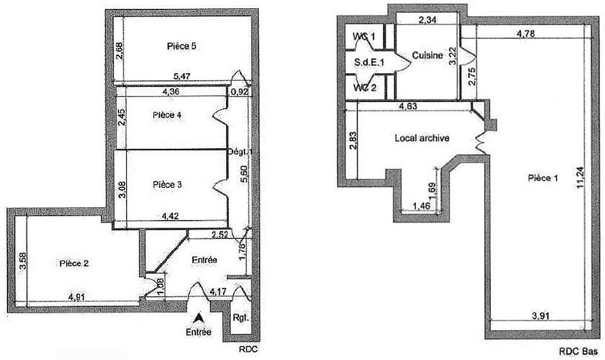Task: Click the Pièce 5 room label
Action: click(x=181, y=46)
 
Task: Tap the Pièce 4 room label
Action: click(x=167, y=115)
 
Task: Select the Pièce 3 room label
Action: click(x=167, y=185)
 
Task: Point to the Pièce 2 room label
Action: click(x=74, y=263)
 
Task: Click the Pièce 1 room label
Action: click(x=543, y=178)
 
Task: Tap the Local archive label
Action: click(x=422, y=137)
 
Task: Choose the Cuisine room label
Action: click(x=427, y=55)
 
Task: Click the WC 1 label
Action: click(x=364, y=37)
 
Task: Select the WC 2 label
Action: click(x=365, y=88)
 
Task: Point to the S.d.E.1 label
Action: click(x=369, y=62)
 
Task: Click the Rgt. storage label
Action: click(x=240, y=318)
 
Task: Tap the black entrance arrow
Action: click(x=199, y=318)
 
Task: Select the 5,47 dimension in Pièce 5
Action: click(x=181, y=76)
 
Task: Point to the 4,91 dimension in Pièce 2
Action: click(x=77, y=297)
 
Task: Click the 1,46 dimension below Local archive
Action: click(x=422, y=206)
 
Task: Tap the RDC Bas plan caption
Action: click(x=579, y=352)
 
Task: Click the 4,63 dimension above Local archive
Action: click(x=408, y=106)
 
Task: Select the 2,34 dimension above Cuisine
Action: click(x=427, y=20)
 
